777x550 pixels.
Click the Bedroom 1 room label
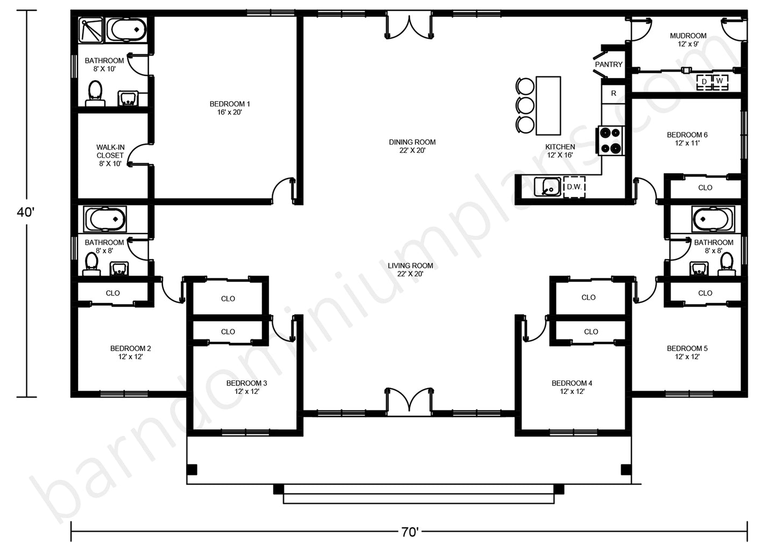click(230, 108)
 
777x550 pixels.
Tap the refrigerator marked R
click(614, 94)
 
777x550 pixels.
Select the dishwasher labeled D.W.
click(574, 187)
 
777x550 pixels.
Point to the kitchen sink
click(547, 187)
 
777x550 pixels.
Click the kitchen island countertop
click(548, 105)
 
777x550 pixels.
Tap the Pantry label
click(609, 65)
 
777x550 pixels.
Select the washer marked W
click(720, 82)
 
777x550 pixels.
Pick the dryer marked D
click(704, 82)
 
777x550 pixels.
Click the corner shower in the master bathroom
click(91, 30)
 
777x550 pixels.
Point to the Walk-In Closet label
click(110, 156)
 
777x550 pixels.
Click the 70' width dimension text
click(410, 532)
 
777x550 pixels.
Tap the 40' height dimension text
click(26, 212)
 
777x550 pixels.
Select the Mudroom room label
click(688, 40)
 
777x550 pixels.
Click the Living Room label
click(410, 270)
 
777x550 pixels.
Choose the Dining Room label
click(412, 146)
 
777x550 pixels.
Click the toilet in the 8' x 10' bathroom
click(95, 94)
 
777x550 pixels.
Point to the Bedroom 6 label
click(687, 138)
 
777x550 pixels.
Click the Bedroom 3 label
click(247, 387)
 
